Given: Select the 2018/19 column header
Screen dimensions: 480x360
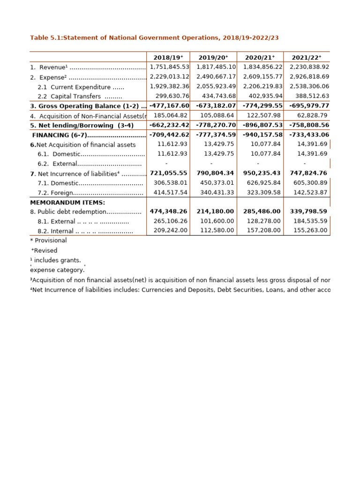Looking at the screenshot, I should pos(169,57).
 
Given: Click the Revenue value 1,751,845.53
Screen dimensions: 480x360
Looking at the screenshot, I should pos(169,67).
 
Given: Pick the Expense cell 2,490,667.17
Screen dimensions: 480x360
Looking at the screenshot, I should pos(216,77).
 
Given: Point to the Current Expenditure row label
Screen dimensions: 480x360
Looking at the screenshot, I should pos(81,87).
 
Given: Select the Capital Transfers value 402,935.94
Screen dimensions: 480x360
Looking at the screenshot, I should pos(262,96).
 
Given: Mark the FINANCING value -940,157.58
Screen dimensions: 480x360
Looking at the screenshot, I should pos(262,135).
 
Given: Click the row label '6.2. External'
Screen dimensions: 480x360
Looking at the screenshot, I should pos(90,164).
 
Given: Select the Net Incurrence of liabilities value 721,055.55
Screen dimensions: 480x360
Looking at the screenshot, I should pos(169,173).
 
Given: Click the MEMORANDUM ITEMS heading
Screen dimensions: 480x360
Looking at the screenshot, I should pos(67,202).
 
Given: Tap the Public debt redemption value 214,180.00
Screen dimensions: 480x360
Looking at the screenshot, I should pos(216,211).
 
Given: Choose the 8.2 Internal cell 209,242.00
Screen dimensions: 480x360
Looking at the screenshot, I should pos(172,231).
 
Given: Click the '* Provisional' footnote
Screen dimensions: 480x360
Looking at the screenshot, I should pos(48,240).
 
